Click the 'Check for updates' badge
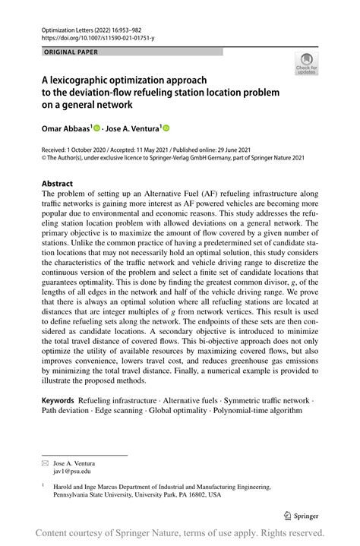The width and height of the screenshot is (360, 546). (306, 63)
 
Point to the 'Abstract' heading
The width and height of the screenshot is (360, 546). (57, 184)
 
